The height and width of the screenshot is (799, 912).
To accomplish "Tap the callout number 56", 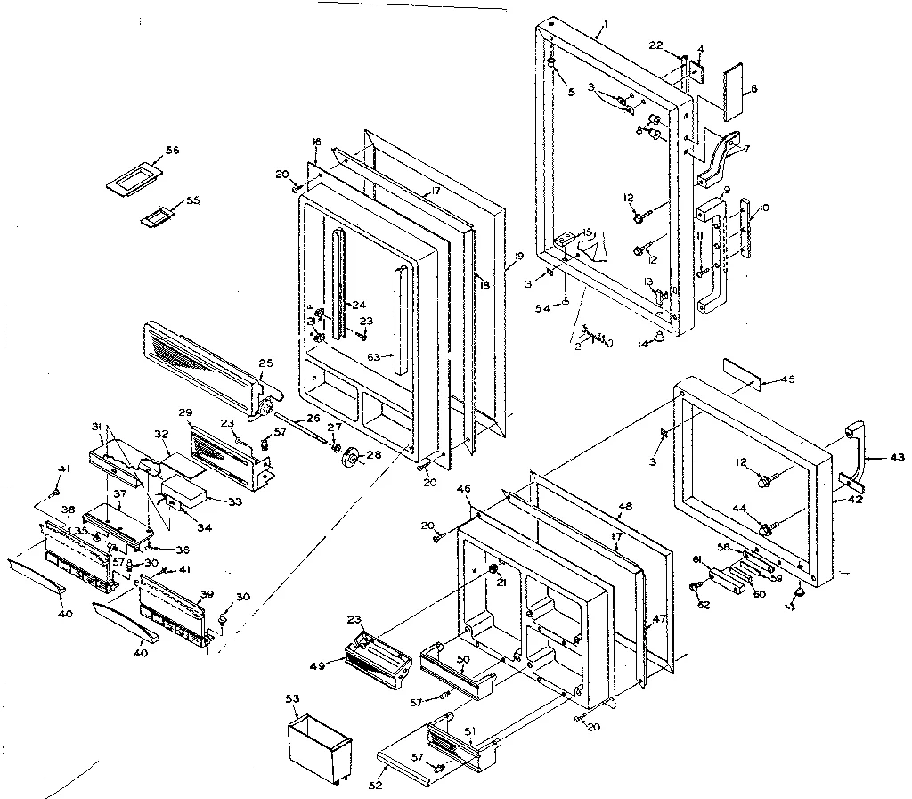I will tap(172, 151).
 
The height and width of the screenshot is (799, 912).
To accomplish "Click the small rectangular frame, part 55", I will tap(157, 216).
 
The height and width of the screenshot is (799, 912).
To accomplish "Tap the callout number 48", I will tap(624, 506).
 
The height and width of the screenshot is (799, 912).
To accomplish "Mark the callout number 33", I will tap(234, 501).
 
